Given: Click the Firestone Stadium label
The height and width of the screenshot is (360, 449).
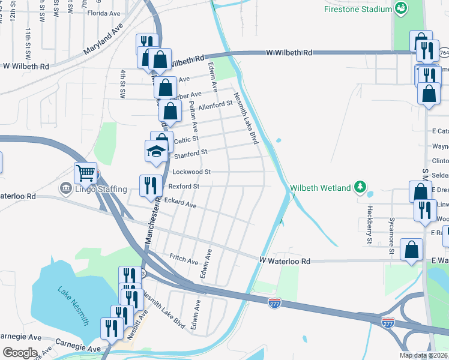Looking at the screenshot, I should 358,9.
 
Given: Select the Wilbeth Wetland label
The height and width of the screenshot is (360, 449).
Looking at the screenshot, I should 321,188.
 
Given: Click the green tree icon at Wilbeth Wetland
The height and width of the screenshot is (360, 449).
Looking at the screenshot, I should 360,187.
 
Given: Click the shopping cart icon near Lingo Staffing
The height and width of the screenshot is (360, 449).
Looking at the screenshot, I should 85,173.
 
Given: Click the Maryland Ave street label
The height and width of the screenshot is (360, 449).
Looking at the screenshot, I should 103,40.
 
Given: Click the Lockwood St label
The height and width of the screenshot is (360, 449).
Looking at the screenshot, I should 191,172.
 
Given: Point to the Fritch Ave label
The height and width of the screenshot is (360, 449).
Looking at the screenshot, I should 184,262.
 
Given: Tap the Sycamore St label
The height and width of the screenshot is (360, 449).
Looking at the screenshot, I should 391,235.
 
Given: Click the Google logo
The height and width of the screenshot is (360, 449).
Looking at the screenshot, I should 19,353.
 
